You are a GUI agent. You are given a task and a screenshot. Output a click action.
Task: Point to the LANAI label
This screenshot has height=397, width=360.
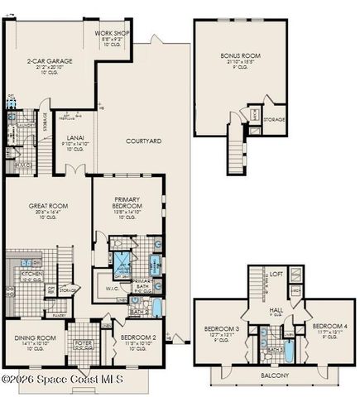coord(74,138)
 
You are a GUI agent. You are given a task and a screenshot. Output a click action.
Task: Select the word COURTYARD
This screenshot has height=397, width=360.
coord(142,141)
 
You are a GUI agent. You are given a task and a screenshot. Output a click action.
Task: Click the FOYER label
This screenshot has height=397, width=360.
coord(84,342)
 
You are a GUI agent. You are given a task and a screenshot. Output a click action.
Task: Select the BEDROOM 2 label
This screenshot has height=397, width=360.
coord(138,338)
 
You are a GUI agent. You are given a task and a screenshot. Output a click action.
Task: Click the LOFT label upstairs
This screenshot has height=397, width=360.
coord(277,274)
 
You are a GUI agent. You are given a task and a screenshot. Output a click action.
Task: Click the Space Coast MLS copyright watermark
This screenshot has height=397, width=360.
coord(62,380)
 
